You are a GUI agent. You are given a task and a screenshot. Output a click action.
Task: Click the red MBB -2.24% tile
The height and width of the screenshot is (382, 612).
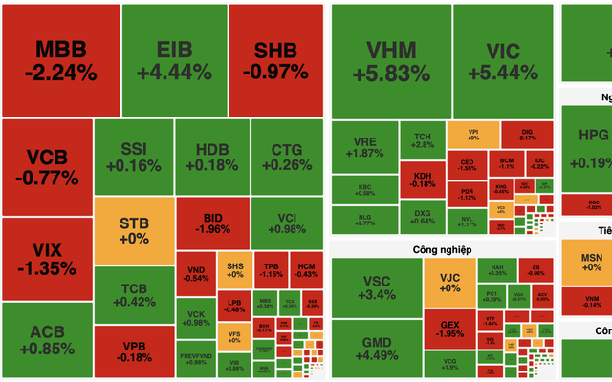click(x=60, y=59)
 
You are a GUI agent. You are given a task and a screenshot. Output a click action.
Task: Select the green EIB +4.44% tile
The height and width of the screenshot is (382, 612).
click(x=174, y=59)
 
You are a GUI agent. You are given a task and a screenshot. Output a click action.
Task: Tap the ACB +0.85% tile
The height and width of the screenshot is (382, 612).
click(x=46, y=340)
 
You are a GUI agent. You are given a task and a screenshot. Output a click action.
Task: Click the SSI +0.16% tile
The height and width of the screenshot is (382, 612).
click(x=134, y=157)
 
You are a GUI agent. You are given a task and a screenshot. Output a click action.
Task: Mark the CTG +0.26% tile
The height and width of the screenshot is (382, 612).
click(x=285, y=157)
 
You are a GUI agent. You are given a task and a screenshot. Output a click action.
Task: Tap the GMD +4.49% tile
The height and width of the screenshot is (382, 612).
click(x=377, y=350)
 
